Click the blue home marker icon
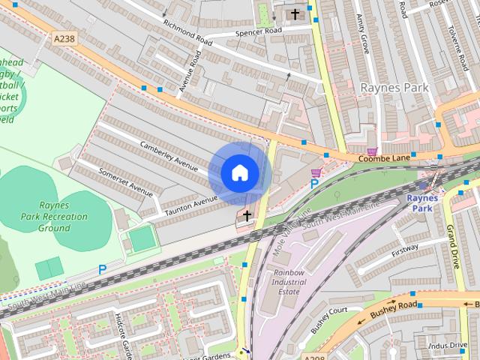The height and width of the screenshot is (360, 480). tap(239, 172)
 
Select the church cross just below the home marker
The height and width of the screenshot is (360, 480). tap(246, 216)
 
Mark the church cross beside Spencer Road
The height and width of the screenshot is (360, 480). tap(295, 13)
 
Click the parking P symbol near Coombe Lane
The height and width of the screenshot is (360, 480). tap(315, 184)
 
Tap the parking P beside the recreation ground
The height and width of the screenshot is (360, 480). tap(102, 269)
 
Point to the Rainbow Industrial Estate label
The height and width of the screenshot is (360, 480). tap(289, 282)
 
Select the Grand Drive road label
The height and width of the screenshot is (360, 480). tap(452, 247)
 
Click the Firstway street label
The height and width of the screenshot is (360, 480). tap(405, 247)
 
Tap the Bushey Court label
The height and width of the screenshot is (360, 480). tap(328, 319)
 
